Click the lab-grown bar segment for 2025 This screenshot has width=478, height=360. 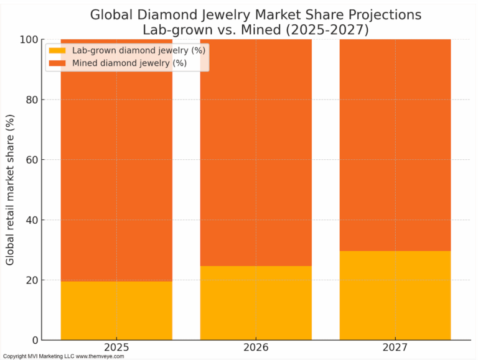(116, 310)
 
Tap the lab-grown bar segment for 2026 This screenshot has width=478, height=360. (256, 303)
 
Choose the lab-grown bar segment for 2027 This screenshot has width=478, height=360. (395, 295)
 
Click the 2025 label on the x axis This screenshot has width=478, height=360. (116, 349)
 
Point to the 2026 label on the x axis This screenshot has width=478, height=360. (256, 349)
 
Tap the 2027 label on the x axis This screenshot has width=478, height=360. (395, 349)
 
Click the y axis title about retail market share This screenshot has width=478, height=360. (11, 190)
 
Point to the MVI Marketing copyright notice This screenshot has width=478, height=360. (63, 356)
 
